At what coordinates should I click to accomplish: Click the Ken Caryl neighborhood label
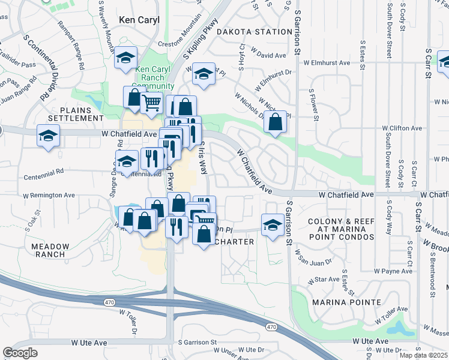pos(139,20)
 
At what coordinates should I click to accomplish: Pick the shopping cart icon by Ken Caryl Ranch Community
pos(151,103)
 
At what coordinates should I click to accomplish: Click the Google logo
pos(20,353)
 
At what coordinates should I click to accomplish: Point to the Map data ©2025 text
pos(420,355)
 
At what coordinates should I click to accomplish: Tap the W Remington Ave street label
pos(49,195)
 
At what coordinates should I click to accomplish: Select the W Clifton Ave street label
pos(403,128)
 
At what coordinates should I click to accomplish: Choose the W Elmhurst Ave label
pos(327,62)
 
